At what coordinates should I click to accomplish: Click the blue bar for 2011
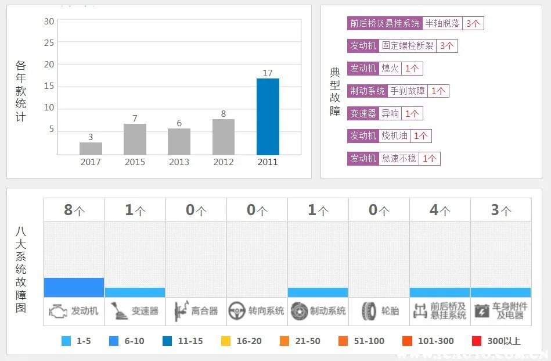coord(268,116)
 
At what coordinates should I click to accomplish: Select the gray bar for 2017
coord(91,148)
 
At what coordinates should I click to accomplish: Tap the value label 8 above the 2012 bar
coord(223,114)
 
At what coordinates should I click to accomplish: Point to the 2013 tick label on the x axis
coord(179,162)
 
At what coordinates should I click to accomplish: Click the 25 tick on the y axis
coord(49,43)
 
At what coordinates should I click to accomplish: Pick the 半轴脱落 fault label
coord(442,23)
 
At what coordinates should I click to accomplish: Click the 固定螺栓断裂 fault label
coord(408,46)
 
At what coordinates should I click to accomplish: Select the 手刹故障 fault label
coord(408,91)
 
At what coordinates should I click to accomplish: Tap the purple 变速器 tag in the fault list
coord(363,113)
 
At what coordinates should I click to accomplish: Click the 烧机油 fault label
coord(395,136)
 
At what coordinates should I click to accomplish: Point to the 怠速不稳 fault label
coord(399,158)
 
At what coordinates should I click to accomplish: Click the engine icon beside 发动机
coord(57,311)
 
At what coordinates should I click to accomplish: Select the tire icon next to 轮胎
coord(369,311)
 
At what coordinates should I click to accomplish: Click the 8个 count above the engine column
coord(74,210)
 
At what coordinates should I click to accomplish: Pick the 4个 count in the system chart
coord(440,210)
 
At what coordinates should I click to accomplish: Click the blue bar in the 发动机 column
coord(74,287)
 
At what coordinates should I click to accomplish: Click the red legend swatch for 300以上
coord(477,341)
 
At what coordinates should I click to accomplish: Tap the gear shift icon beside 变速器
coord(118,311)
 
